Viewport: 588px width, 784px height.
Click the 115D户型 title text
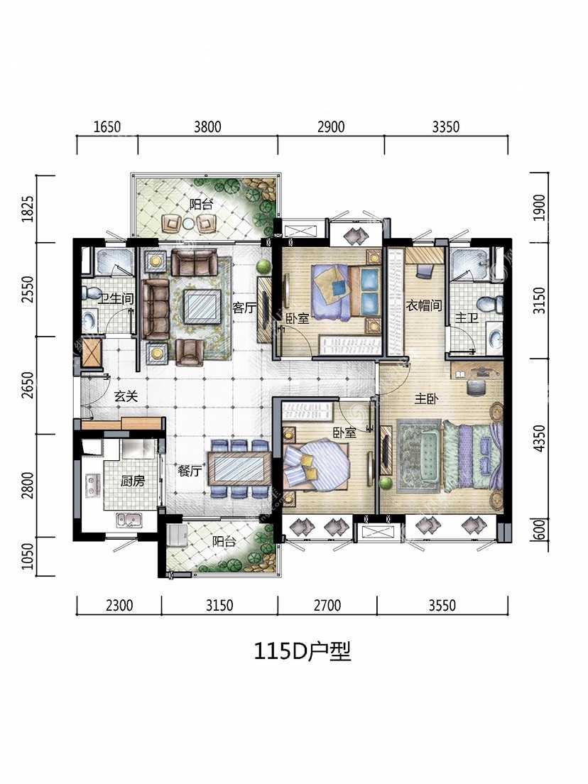303,651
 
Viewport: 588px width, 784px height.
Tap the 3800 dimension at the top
207,126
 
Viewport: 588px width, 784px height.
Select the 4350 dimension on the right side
539,438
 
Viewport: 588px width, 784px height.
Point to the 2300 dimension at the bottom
119,606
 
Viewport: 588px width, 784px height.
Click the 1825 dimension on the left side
28,209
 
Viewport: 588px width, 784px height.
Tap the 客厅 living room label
244,307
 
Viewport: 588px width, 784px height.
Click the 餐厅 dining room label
190,471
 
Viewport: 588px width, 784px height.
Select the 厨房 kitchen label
133,481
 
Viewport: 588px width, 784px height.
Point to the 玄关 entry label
126,396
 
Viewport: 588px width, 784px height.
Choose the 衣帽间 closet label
424,305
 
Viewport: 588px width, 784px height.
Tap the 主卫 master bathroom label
467,317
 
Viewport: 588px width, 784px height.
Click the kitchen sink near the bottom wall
129,521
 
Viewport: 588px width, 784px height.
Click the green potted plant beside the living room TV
263,265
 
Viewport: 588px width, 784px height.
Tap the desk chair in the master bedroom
473,386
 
